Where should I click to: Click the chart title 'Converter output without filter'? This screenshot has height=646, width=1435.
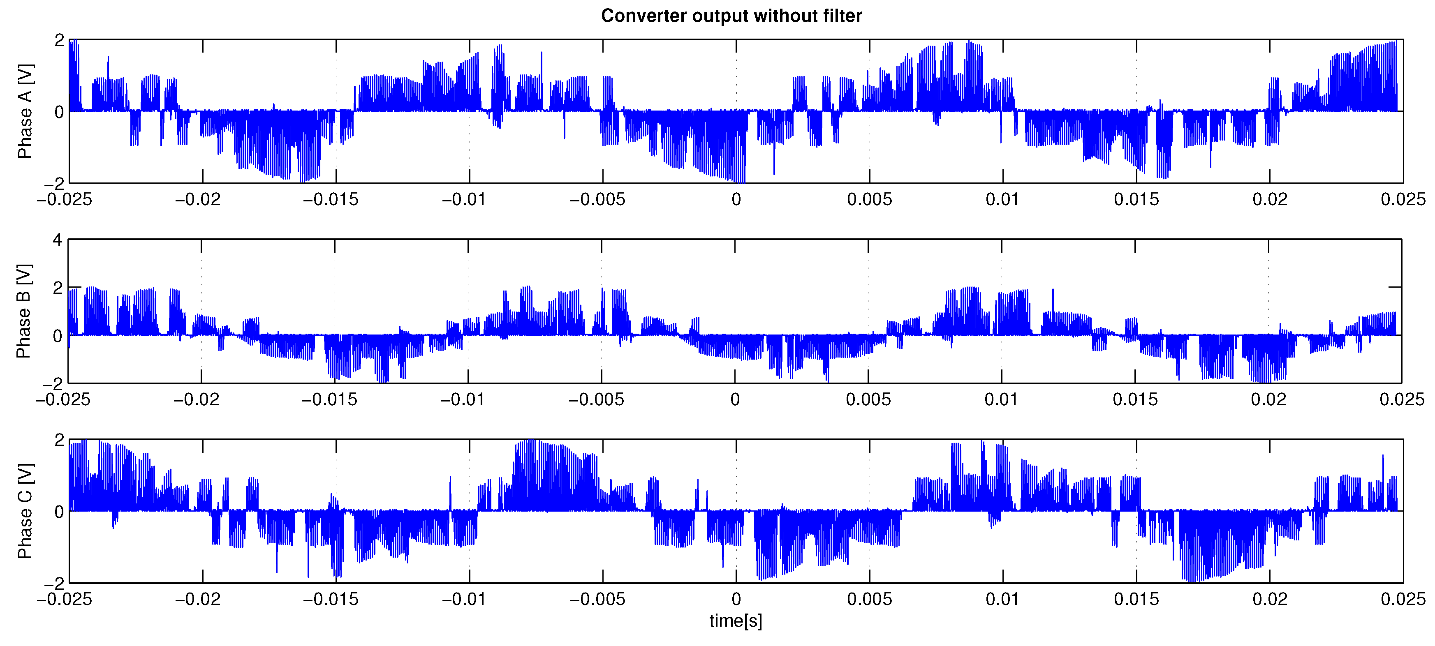coord(731,16)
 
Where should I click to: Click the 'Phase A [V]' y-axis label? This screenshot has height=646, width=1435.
coord(25,111)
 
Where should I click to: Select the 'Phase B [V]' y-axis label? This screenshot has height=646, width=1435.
coord(24,311)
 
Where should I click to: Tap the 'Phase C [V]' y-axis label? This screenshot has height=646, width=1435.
coord(25,511)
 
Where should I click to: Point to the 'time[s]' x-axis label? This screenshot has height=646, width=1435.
coord(735,621)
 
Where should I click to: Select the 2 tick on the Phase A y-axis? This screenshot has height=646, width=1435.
coord(59,40)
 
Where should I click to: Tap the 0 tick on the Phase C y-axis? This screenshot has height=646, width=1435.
coord(59,512)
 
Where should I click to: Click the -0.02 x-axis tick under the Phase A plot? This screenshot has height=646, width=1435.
coord(198,199)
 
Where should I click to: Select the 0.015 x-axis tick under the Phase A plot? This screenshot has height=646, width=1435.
coord(1136,199)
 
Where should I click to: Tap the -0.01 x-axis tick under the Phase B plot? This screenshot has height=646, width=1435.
coord(463,399)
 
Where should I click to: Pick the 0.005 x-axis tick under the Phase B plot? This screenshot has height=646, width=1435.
coord(868,399)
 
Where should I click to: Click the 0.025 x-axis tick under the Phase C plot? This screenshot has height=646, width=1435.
coord(1403,599)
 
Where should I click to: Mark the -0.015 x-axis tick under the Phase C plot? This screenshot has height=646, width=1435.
coord(331,599)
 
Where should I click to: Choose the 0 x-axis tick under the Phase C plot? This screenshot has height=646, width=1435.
coord(736,599)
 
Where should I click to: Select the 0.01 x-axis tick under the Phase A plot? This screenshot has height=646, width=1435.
coord(1003,199)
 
